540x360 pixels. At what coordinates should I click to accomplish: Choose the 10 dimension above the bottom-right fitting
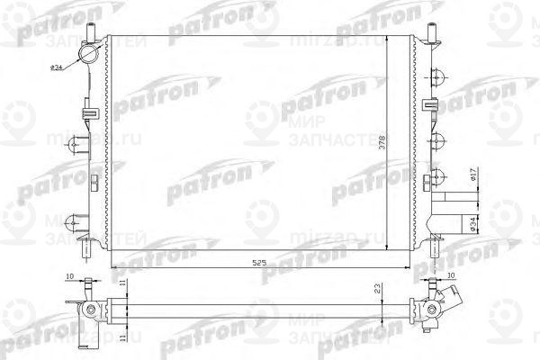pos(449,276)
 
